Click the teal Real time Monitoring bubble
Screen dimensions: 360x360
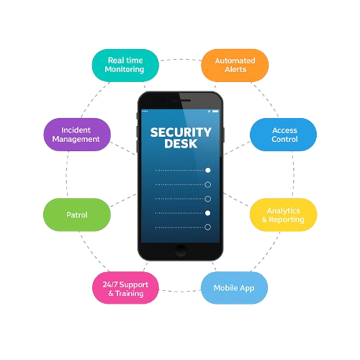tap(125, 66)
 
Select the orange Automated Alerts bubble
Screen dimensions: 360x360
tap(235, 66)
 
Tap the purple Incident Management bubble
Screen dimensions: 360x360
tap(77, 135)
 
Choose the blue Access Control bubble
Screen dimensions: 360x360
tap(283, 135)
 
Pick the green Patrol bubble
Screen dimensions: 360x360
tap(77, 215)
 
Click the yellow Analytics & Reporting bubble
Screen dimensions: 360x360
tap(283, 215)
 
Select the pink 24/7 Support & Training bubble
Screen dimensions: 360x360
tap(125, 288)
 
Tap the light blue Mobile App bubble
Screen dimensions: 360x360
tap(234, 288)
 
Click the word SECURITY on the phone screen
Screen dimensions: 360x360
tap(181, 132)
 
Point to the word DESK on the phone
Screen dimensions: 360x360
tap(181, 143)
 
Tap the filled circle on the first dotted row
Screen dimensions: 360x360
tap(208, 170)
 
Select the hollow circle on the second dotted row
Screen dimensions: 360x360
tap(208, 184)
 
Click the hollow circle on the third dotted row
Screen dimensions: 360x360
tap(208, 199)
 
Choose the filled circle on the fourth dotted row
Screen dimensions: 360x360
tap(208, 213)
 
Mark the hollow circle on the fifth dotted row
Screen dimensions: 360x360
tap(208, 227)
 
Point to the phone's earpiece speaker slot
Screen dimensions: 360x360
tap(181, 100)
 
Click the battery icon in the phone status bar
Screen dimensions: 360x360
tap(215, 112)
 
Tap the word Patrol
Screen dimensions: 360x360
tap(77, 215)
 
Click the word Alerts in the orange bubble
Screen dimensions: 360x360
tap(235, 69)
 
